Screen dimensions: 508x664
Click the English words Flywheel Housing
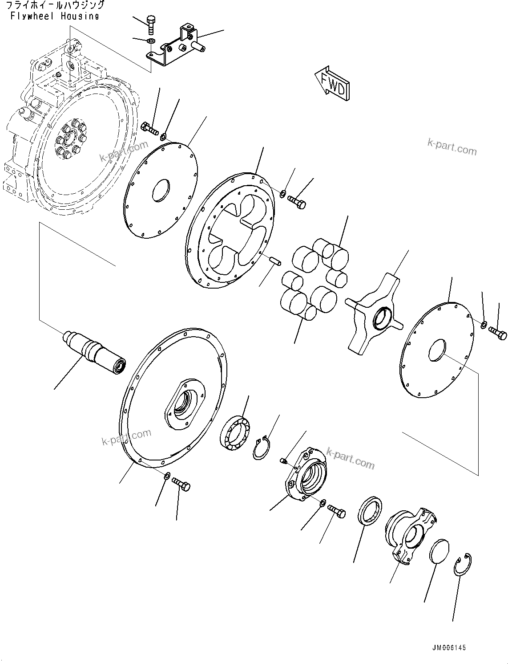coord(54,16)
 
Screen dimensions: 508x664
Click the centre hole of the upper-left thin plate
coord(161,190)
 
